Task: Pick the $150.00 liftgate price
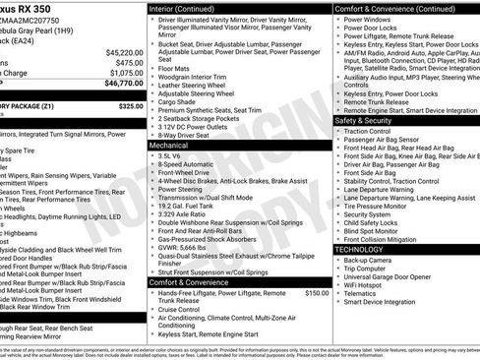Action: (317, 292)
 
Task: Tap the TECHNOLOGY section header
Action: (360, 249)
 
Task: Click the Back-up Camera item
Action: (370, 260)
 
